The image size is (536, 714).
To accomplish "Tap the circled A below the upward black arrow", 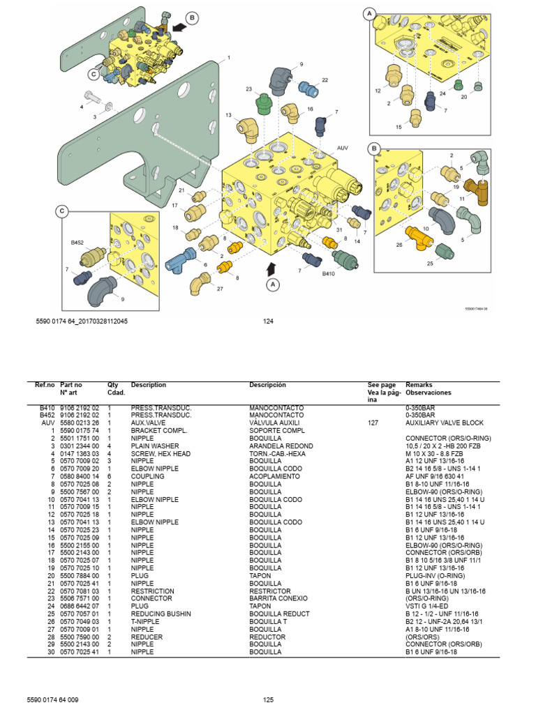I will tap(273, 284).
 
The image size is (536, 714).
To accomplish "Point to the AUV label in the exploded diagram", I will tap(342, 148).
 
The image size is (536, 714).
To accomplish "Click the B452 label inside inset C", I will tap(77, 243).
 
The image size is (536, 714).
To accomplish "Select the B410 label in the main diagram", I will tap(329, 274).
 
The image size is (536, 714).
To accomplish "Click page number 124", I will tap(267, 321).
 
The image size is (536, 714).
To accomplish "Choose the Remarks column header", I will tap(419, 384).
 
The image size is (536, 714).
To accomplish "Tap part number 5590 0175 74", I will tap(80, 430).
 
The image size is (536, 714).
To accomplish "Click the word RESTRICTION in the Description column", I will tap(152, 591).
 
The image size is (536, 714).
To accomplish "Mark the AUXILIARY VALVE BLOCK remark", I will tap(444, 423).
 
